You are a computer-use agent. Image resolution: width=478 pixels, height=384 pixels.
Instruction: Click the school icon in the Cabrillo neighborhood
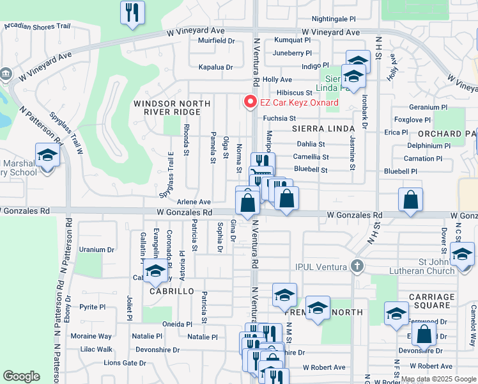point(155,272)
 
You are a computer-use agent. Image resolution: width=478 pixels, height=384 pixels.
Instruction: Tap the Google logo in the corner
point(22,376)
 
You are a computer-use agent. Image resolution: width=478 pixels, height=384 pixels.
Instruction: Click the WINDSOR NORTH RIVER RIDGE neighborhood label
point(171,108)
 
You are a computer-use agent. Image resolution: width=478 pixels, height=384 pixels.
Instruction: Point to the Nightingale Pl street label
point(333,19)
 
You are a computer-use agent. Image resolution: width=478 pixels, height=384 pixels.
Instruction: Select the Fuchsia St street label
point(279,118)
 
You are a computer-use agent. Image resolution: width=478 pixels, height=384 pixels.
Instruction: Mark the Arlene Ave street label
point(194,201)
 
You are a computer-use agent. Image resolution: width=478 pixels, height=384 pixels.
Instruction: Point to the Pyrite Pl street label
point(92,307)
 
